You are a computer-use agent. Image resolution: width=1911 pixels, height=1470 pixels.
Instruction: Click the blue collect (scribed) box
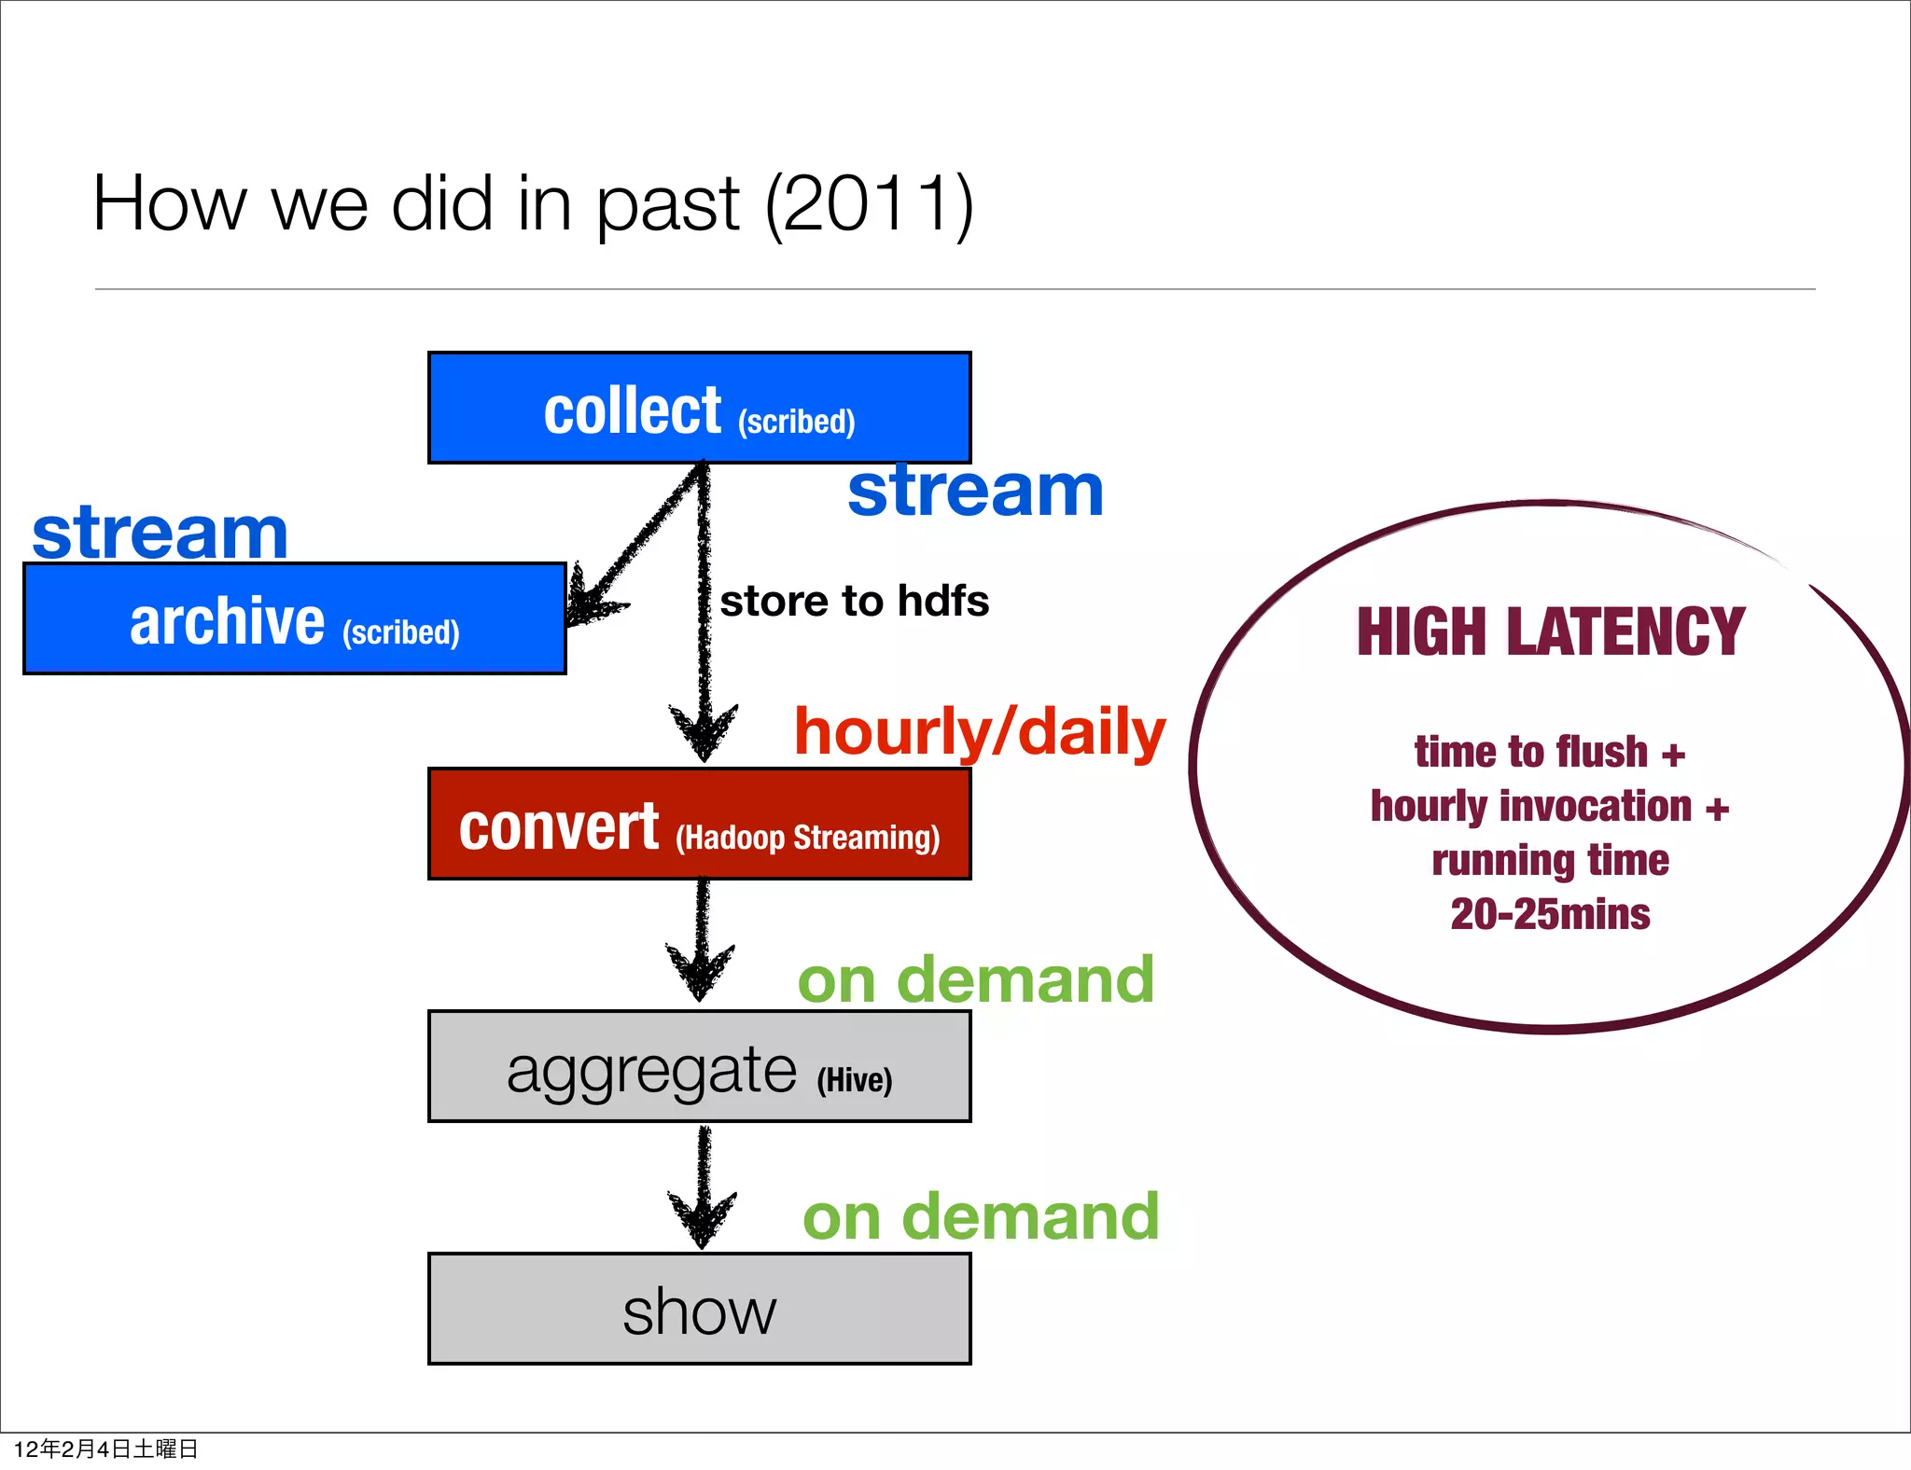[699, 408]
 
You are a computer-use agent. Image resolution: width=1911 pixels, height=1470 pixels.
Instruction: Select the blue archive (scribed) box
[294, 618]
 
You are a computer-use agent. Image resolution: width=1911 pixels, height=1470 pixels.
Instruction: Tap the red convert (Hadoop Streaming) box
[699, 824]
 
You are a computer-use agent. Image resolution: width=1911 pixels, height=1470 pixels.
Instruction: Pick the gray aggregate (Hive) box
[699, 1066]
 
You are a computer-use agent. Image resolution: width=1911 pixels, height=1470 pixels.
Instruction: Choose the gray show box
[699, 1309]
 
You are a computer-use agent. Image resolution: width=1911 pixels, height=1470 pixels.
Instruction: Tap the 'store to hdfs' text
[854, 601]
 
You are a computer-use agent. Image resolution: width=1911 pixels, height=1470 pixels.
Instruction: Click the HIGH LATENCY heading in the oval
[1550, 631]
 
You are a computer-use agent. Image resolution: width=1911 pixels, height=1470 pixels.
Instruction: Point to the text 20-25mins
[1550, 914]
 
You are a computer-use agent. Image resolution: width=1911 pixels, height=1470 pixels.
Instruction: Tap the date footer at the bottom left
[105, 1449]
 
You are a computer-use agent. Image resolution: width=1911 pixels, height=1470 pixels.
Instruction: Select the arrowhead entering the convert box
[704, 733]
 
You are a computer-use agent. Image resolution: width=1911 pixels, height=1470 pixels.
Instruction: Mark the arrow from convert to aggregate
[701, 942]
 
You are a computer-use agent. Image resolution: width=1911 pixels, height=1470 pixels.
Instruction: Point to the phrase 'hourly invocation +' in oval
[1549, 807]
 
